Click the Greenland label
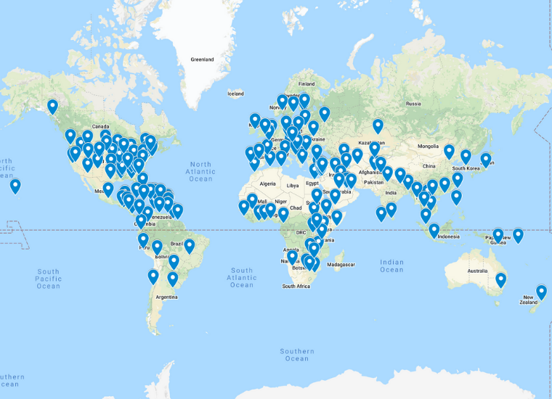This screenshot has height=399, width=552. (x=202, y=59)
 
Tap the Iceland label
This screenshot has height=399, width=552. (x=236, y=94)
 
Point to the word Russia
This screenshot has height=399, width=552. (x=413, y=103)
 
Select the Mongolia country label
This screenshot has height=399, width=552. (x=428, y=146)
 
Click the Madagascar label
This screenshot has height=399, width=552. (x=344, y=265)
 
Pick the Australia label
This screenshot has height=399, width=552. (x=477, y=271)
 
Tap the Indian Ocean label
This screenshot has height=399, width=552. (x=391, y=266)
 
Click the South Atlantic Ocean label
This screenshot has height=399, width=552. (x=241, y=278)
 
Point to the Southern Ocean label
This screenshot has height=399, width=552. (x=297, y=355)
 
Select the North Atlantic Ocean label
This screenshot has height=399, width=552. (x=200, y=171)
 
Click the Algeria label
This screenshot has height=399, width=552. (x=269, y=184)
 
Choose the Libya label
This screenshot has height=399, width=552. (x=293, y=186)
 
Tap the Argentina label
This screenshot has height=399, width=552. (x=166, y=297)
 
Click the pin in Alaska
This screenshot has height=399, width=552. (x=52, y=107)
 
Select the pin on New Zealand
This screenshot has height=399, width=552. (x=541, y=292)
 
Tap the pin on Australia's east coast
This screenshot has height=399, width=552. (x=500, y=280)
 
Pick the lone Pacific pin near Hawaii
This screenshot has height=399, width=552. (x=15, y=186)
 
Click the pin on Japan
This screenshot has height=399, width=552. (x=486, y=160)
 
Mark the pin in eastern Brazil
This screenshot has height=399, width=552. (x=190, y=246)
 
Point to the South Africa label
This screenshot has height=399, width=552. (x=296, y=287)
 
